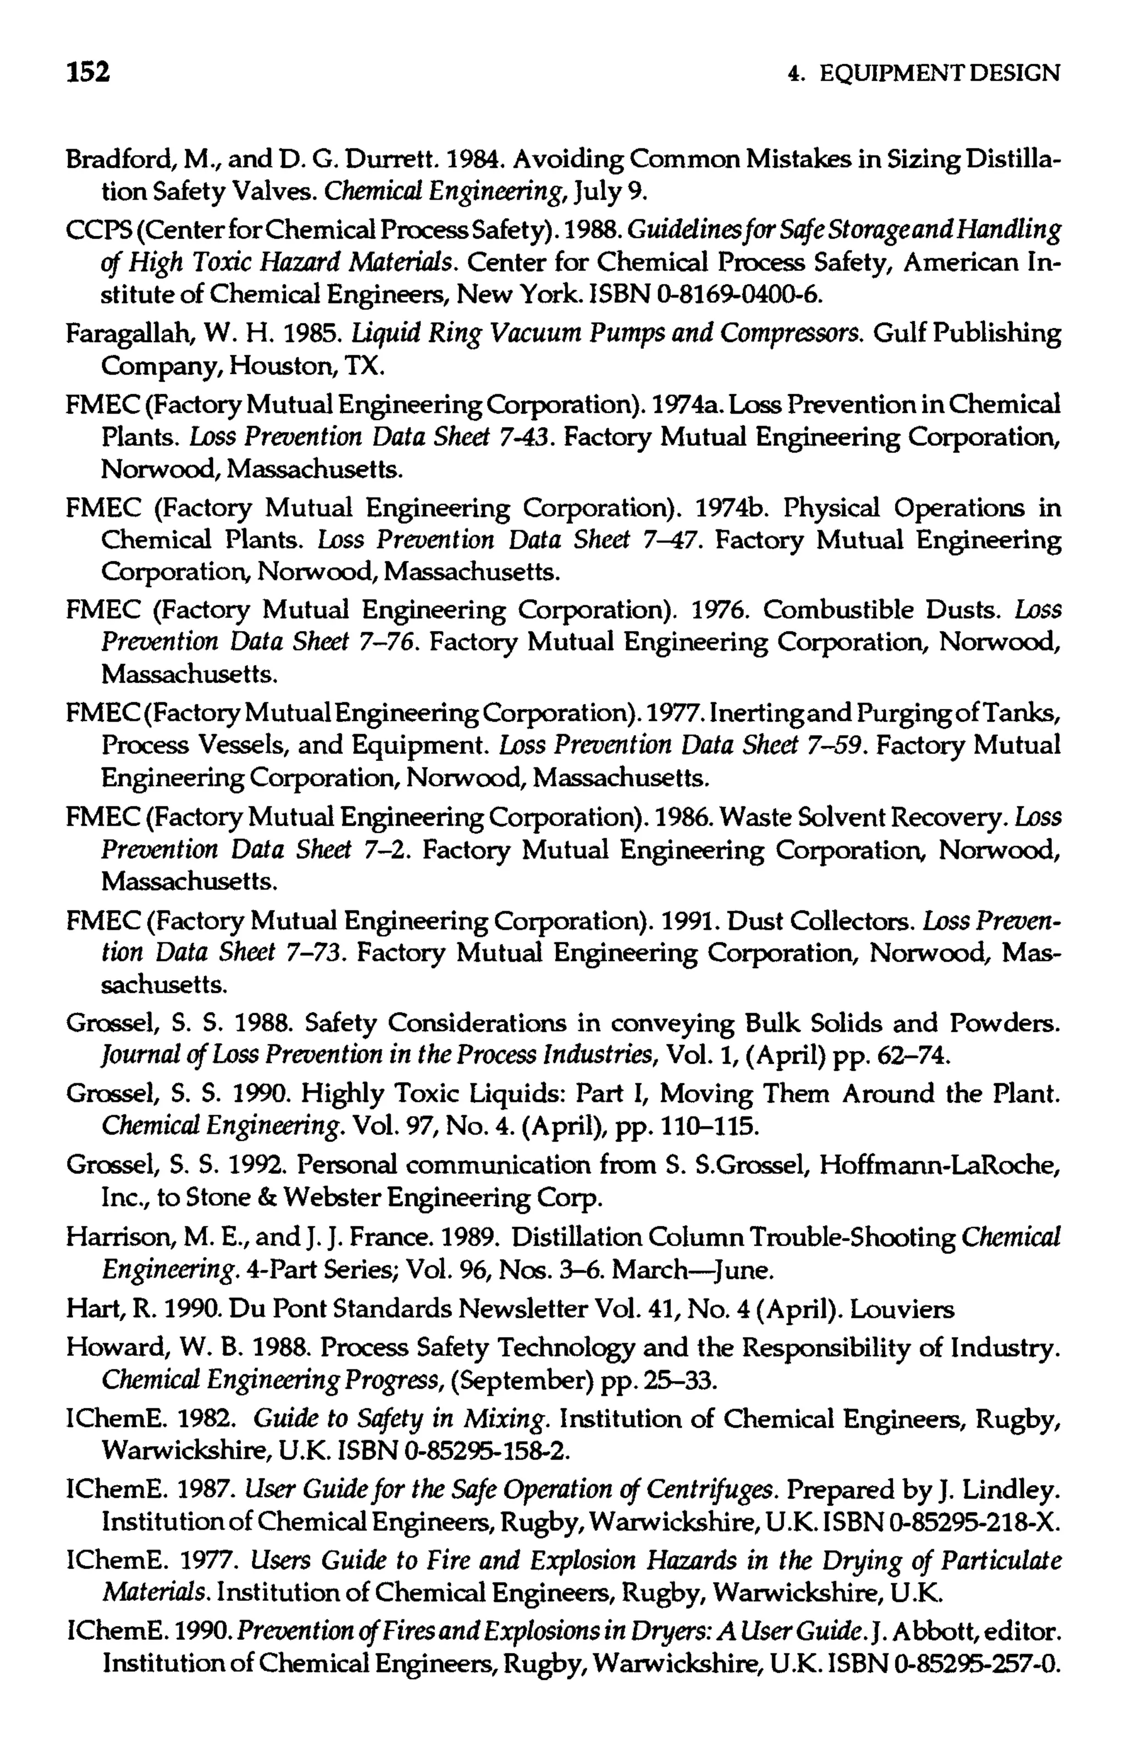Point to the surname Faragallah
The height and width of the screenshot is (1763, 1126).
[119, 335]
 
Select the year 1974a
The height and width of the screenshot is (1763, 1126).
[688, 405]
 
